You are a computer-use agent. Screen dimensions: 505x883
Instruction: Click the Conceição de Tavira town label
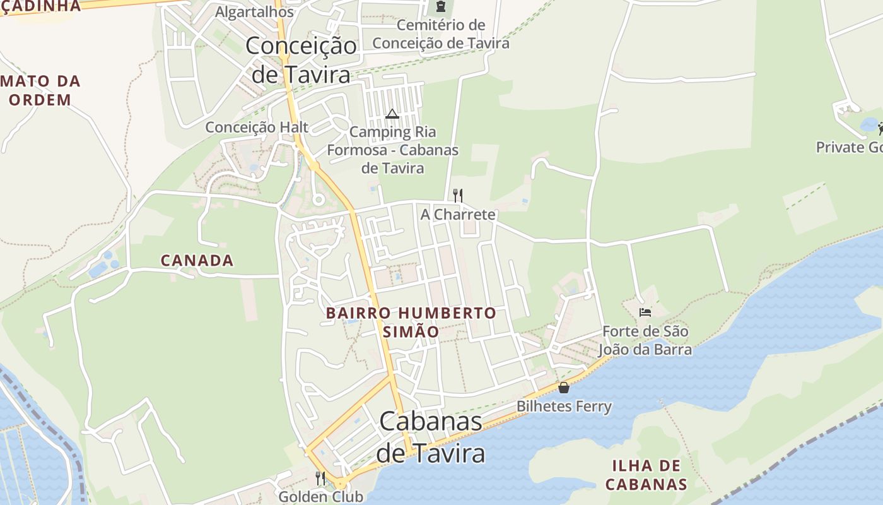click(301, 60)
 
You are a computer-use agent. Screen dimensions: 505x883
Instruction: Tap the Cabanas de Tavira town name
click(431, 437)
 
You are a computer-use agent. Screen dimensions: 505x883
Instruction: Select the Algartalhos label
click(254, 11)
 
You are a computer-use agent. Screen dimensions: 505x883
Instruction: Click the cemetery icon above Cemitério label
click(440, 7)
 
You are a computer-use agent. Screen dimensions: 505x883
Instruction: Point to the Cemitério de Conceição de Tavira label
click(440, 34)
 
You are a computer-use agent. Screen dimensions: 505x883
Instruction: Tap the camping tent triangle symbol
click(392, 114)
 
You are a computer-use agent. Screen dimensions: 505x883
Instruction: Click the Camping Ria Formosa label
click(392, 150)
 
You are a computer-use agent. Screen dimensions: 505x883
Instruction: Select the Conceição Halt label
click(257, 128)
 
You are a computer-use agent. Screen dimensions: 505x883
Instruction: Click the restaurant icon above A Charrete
click(458, 195)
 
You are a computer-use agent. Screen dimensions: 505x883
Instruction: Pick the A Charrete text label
click(458, 215)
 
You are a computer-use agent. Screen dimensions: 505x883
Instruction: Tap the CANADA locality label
click(197, 260)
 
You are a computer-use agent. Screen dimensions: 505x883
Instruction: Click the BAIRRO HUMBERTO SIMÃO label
click(411, 322)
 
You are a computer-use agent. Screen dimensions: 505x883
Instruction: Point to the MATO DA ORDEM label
click(41, 90)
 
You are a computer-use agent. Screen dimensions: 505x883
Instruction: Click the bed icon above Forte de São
click(645, 312)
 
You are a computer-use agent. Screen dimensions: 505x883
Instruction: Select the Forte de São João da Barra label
click(645, 340)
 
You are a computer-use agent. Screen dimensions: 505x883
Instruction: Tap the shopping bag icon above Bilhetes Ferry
click(564, 387)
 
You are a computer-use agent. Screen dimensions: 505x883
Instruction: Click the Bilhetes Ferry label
click(564, 407)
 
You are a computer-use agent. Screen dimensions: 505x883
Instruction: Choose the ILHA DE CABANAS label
click(646, 475)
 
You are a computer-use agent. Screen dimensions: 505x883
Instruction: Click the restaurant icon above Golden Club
click(320, 478)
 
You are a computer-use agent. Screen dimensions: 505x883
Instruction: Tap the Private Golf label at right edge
click(849, 147)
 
